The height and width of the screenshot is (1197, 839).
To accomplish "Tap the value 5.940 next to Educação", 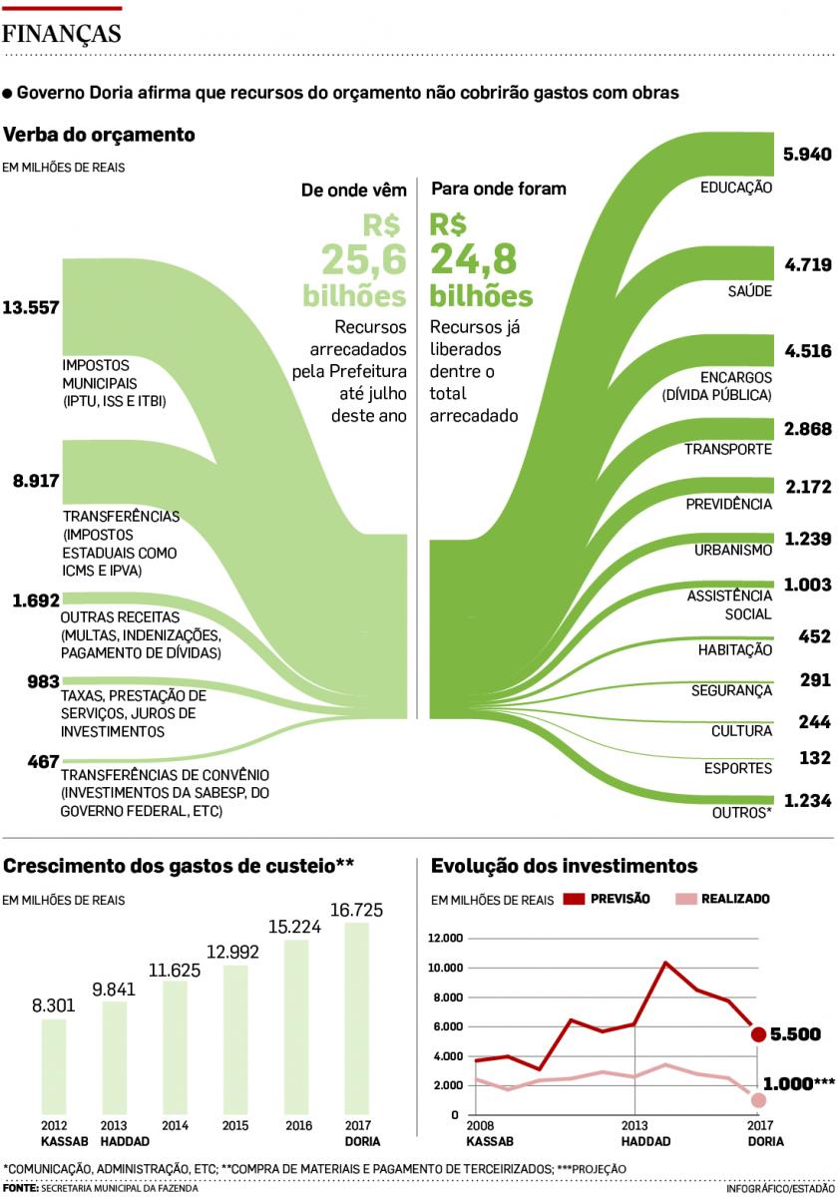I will tap(807, 155).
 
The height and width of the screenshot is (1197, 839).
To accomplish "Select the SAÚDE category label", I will tap(749, 291).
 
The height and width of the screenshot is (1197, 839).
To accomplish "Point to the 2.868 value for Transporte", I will tap(807, 429).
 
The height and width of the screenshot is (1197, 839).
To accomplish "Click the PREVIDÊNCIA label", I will tap(728, 505).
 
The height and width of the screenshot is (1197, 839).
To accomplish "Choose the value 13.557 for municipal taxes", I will tap(31, 307).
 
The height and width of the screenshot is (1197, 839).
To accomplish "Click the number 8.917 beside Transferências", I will tap(36, 481).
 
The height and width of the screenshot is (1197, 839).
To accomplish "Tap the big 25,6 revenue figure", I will tap(363, 259).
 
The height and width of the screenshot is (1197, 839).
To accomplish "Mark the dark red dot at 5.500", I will tap(758, 1034).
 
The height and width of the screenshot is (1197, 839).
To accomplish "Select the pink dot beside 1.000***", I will tap(758, 1099).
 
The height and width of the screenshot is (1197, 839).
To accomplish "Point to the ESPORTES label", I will tap(737, 768).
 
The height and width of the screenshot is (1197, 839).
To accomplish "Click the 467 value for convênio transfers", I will tap(43, 762).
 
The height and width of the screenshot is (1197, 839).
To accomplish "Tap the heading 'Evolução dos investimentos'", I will tap(563, 866).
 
